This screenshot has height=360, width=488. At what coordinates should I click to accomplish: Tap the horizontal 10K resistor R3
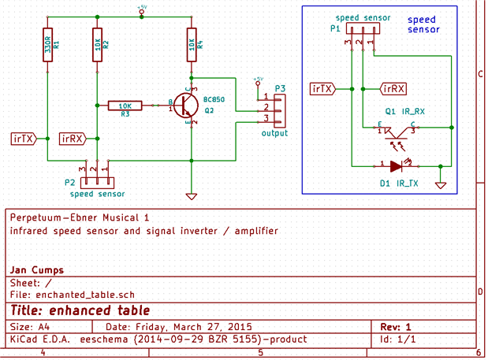125,105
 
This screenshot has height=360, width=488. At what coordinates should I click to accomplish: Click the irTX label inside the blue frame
325,87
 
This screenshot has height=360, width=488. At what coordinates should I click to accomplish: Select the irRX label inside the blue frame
393,87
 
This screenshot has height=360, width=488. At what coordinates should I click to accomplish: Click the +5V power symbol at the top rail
142,10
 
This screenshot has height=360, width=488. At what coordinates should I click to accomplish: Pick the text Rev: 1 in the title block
396,326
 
